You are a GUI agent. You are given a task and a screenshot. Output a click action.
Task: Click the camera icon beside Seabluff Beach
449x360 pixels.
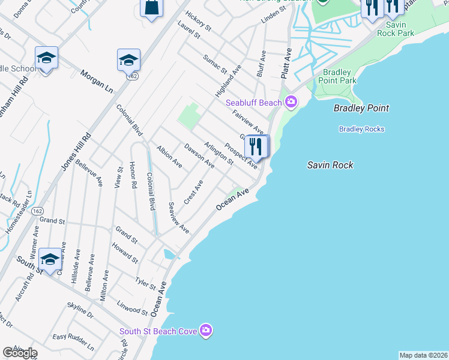[291, 103]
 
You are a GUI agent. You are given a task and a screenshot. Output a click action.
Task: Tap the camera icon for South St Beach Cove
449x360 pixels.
[206, 331]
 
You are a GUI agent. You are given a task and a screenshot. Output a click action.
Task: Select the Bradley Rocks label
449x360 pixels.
[361, 129]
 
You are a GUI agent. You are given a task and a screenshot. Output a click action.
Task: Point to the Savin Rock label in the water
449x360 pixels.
[330, 165]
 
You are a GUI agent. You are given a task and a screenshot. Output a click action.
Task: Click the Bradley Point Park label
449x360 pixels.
[337, 76]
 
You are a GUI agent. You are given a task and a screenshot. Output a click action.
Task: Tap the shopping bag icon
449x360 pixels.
[151, 8]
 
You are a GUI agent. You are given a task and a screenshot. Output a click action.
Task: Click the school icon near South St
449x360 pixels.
[50, 260]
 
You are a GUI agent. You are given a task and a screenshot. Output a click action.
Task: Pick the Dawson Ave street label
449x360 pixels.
[199, 155]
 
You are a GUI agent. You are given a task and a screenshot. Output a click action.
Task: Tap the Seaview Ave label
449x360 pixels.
[179, 217]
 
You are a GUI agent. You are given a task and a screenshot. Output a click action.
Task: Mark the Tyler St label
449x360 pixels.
[145, 283]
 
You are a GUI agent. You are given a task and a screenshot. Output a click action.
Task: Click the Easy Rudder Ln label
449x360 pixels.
[73, 343]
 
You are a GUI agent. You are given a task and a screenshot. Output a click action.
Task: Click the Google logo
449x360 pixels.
[20, 353]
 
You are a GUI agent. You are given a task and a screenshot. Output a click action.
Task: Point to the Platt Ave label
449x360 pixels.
[286, 63]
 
